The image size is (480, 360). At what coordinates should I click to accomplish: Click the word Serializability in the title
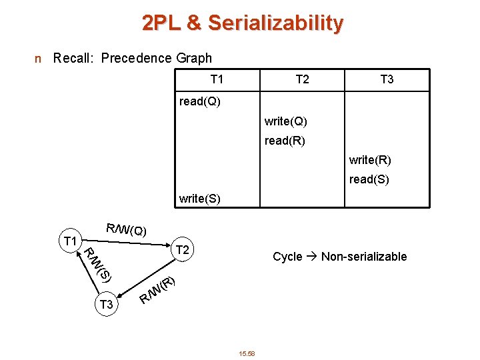pos(275,24)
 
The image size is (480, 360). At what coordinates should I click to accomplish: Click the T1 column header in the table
pos(217,80)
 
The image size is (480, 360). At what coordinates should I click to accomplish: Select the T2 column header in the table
pos(302,80)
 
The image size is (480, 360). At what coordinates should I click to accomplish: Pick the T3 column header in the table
pos(387,80)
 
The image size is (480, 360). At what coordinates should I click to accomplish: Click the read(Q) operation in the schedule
pos(200,102)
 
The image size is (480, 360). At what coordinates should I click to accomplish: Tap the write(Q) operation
pos(285,121)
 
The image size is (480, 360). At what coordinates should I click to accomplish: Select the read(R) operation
pos(285,141)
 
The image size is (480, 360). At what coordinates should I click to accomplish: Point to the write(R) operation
pos(370,160)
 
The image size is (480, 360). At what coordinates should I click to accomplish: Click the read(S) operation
pos(369,179)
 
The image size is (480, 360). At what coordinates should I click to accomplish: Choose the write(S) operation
pos(200,199)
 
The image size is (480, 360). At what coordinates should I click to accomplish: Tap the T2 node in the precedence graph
pos(181,251)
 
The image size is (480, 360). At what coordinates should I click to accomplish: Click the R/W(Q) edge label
pos(126,230)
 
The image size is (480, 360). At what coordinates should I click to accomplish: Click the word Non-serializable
pos(364,257)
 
